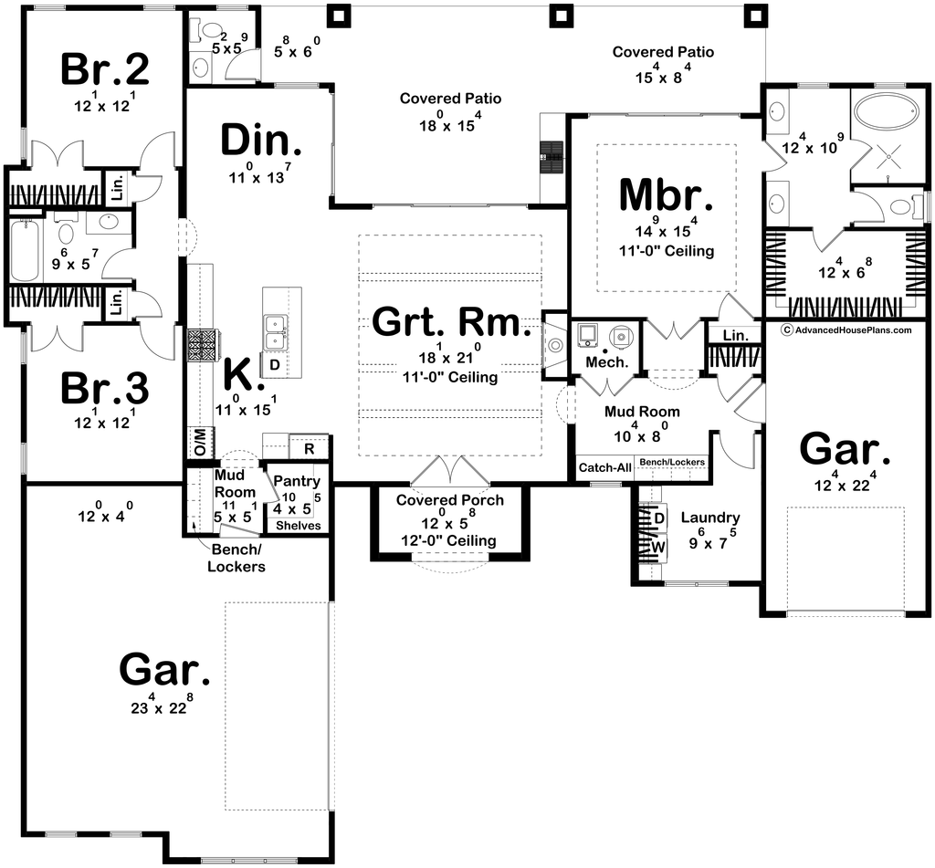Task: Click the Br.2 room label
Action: coord(105,69)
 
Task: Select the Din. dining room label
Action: coord(261,141)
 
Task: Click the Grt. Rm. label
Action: coord(451,321)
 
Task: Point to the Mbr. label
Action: coord(666,194)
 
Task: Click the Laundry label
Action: coord(710,518)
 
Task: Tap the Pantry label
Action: coord(297,480)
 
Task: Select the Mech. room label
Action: coord(607,361)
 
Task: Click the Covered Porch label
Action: coord(449,499)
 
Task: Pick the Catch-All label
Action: coord(604,468)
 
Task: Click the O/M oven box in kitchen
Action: coord(199,442)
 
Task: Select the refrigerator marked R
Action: coord(309,448)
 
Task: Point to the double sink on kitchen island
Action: coord(276,332)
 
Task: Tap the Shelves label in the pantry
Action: coord(299,525)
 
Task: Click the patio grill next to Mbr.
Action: coord(552,157)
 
